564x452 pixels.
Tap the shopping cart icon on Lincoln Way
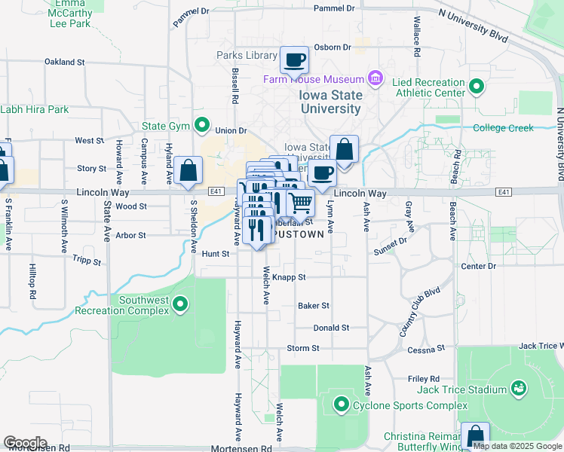click(300, 202)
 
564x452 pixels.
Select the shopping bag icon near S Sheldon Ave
click(188, 170)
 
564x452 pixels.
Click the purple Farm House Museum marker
click(375, 78)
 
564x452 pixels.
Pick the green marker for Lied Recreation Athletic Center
click(476, 87)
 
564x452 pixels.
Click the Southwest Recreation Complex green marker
click(179, 304)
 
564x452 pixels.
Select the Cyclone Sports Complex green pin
click(341, 405)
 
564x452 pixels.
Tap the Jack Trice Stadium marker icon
click(518, 389)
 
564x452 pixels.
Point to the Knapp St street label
click(289, 277)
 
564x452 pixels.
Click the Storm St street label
click(303, 348)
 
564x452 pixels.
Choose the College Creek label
click(503, 127)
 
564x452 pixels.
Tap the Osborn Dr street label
click(333, 47)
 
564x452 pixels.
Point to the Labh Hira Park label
click(35, 109)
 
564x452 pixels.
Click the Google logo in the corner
click(25, 442)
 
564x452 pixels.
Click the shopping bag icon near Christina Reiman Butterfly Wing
click(475, 435)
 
